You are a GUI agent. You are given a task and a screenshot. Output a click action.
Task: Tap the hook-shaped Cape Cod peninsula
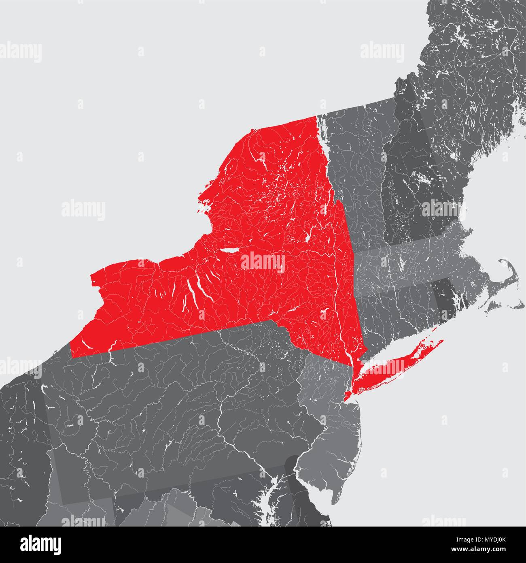pyautogui.click(x=511, y=279)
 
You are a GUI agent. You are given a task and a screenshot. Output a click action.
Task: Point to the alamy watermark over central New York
pyautogui.click(x=263, y=261)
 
